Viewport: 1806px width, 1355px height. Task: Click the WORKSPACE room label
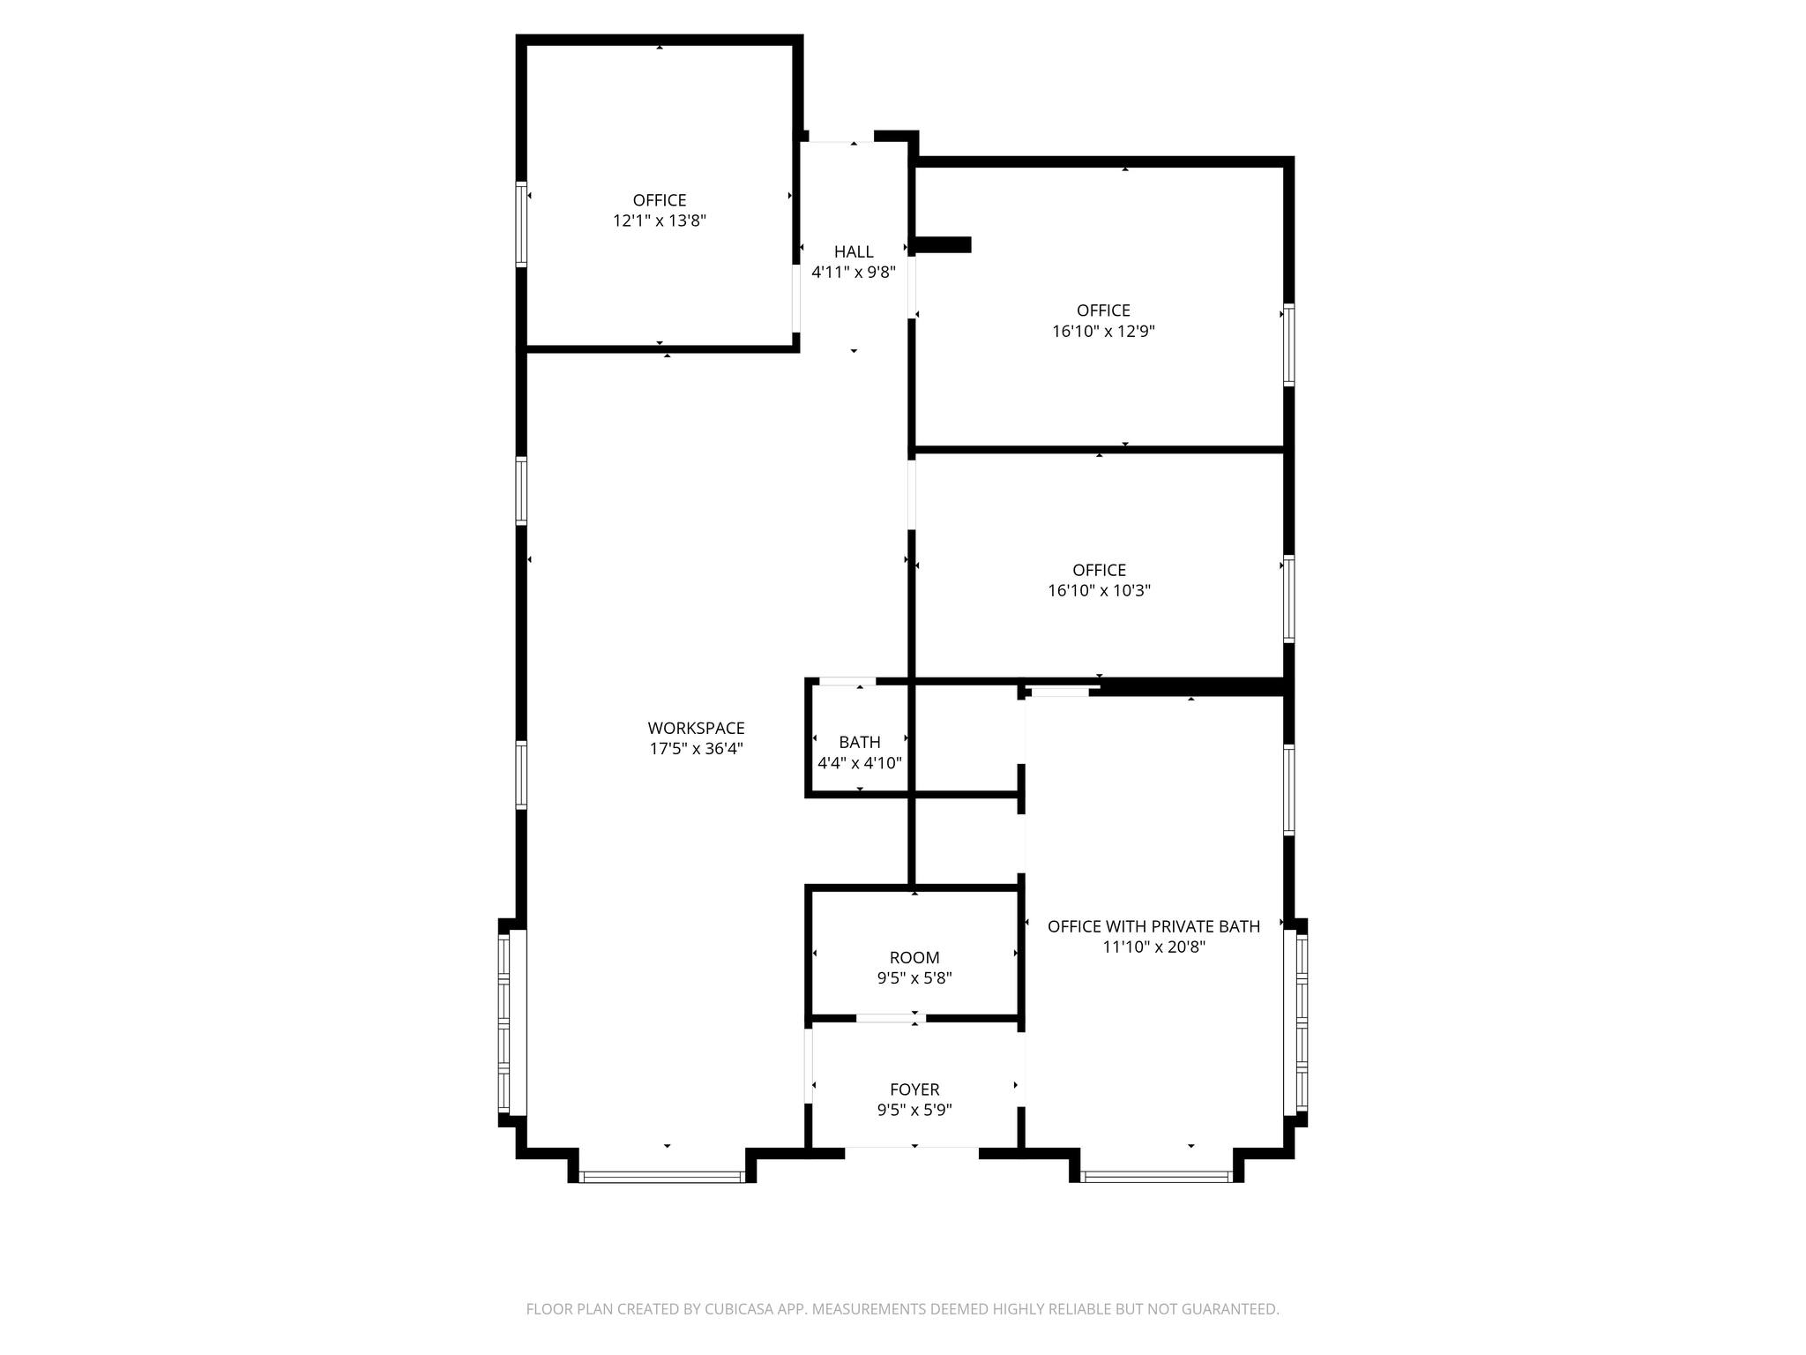pyautogui.click(x=696, y=728)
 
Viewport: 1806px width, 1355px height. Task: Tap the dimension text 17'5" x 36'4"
pyautogui.click(x=696, y=749)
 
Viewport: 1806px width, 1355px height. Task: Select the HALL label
pyautogui.click(x=854, y=252)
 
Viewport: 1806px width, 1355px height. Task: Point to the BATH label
pyautogui.click(x=859, y=742)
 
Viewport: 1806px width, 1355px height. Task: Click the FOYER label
pyautogui.click(x=914, y=1089)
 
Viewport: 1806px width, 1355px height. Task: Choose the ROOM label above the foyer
pyautogui.click(x=914, y=957)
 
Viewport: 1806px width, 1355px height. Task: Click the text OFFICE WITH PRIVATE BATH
pyautogui.click(x=1153, y=926)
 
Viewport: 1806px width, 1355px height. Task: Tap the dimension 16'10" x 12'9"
pyautogui.click(x=1103, y=332)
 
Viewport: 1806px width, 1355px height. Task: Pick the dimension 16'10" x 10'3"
pyautogui.click(x=1099, y=590)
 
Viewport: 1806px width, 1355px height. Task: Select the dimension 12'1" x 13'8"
pyautogui.click(x=660, y=221)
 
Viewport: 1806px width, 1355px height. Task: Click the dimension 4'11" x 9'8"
pyautogui.click(x=854, y=273)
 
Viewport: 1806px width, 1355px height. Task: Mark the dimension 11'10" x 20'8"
pyautogui.click(x=1153, y=947)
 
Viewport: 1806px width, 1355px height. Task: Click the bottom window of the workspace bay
pyautogui.click(x=661, y=1176)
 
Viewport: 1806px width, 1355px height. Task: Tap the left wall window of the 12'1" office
pyautogui.click(x=521, y=224)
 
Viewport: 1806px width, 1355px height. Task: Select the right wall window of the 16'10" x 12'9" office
pyautogui.click(x=1288, y=344)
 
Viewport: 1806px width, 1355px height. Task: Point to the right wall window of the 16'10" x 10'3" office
pyautogui.click(x=1288, y=598)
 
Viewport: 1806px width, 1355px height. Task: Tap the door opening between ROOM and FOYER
pyautogui.click(x=889, y=1018)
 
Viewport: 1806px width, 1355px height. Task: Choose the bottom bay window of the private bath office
pyautogui.click(x=1156, y=1176)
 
